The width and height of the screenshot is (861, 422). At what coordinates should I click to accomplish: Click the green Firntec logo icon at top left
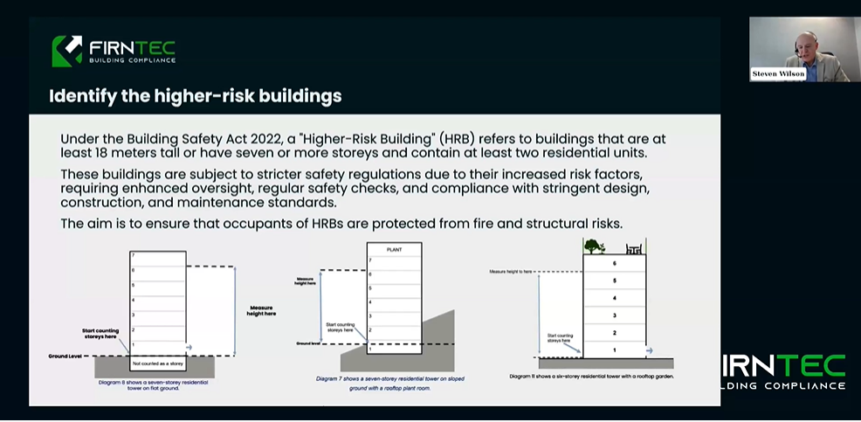(67, 51)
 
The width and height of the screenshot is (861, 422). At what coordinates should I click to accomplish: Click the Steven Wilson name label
(778, 74)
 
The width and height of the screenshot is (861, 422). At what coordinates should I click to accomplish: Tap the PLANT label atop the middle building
(395, 250)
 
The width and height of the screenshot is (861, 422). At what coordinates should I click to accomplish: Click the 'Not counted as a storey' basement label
(158, 363)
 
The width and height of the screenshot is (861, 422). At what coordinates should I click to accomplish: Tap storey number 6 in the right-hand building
(615, 263)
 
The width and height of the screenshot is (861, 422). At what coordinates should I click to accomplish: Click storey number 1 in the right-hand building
(615, 349)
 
